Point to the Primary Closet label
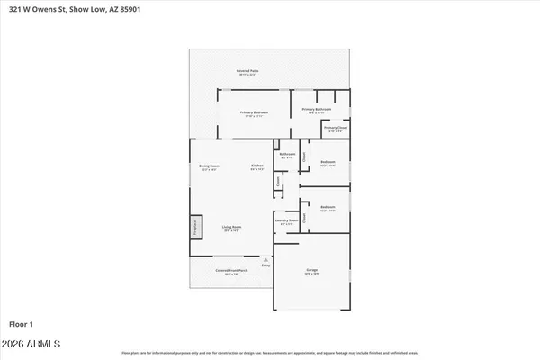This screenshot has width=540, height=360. [336, 128]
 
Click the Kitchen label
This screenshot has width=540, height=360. [256, 166]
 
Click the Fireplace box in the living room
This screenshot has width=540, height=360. [193, 229]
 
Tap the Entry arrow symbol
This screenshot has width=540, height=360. [265, 259]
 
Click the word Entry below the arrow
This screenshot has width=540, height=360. [265, 266]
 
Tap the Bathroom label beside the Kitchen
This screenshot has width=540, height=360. [287, 155]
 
